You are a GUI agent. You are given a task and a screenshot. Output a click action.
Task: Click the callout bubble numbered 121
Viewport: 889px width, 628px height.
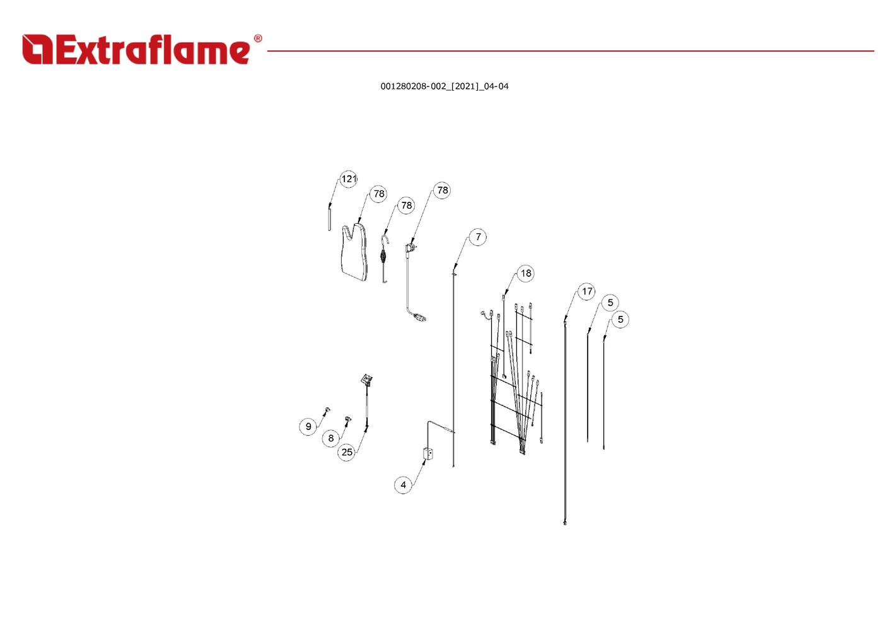click(349, 179)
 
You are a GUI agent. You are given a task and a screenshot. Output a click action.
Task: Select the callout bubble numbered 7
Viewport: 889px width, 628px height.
click(478, 237)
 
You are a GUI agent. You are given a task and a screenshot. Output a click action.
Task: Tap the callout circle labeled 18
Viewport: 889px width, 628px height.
click(526, 274)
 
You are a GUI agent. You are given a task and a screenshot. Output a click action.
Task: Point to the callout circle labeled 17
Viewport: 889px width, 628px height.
click(586, 292)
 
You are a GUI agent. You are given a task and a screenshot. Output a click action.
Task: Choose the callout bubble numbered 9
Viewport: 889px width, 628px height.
click(308, 427)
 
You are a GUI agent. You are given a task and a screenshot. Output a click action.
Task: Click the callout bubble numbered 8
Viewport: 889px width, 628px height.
click(330, 438)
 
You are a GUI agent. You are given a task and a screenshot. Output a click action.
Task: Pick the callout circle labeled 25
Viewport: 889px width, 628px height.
click(347, 452)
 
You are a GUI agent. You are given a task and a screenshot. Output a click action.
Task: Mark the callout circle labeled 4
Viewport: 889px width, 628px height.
click(403, 485)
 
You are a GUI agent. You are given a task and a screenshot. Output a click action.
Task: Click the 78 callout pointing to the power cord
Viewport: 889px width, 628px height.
click(442, 190)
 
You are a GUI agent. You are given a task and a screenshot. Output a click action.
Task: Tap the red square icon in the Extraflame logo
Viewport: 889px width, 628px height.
click(37, 49)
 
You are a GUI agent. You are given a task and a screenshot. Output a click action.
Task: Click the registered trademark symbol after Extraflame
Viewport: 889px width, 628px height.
click(258, 38)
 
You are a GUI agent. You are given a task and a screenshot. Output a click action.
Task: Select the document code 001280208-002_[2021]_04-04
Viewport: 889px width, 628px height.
click(444, 86)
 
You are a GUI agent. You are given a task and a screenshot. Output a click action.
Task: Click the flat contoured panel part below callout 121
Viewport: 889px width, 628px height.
click(354, 252)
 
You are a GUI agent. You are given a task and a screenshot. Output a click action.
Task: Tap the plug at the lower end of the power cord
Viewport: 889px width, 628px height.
click(421, 318)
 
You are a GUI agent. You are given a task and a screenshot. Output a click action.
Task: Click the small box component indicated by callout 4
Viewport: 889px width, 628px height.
click(428, 453)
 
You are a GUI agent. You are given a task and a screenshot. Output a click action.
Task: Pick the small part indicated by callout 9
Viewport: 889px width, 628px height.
click(327, 410)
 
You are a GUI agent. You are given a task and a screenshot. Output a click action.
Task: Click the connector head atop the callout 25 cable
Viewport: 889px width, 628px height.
click(367, 380)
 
